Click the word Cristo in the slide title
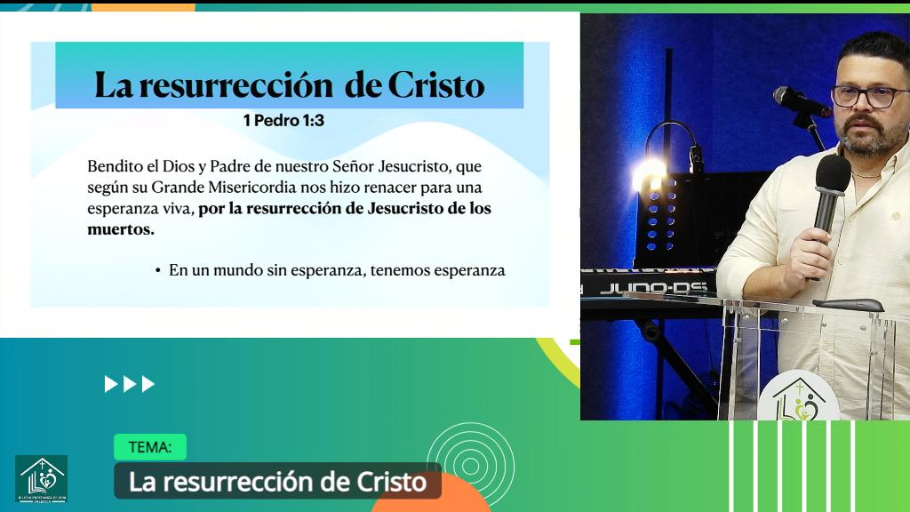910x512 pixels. pyautogui.click(x=435, y=85)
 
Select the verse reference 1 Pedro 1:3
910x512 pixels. pyautogui.click(x=283, y=120)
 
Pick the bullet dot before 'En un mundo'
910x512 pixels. pyautogui.click(x=157, y=270)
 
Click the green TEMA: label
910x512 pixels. pyautogui.click(x=149, y=447)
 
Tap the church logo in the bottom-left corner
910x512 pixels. pyautogui.click(x=41, y=479)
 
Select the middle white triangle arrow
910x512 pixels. pyautogui.click(x=130, y=384)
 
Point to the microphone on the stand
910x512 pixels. pyautogui.click(x=799, y=101)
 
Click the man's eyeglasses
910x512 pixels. pyautogui.click(x=870, y=96)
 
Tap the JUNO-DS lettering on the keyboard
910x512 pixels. pyautogui.click(x=652, y=288)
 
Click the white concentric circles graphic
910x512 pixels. pyautogui.click(x=470, y=463)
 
